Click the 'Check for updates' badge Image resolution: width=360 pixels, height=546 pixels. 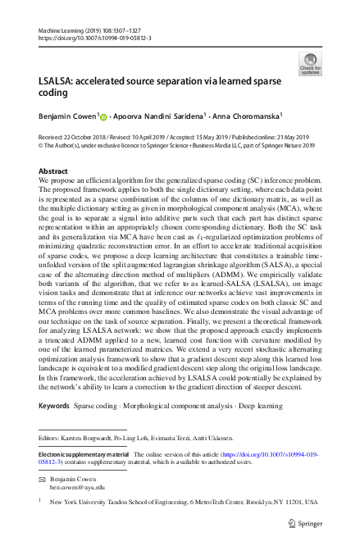pos(310,64)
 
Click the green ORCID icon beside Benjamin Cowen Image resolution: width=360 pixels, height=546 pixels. pos(104,116)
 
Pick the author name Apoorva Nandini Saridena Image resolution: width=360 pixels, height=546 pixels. pos(158,116)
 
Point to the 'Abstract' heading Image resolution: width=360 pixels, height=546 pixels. pos(53,171)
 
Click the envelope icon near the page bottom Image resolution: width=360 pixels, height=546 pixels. pos(43,477)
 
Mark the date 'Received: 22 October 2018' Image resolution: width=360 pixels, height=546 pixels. pos(76,137)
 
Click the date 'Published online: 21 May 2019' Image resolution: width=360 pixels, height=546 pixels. pos(267,137)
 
